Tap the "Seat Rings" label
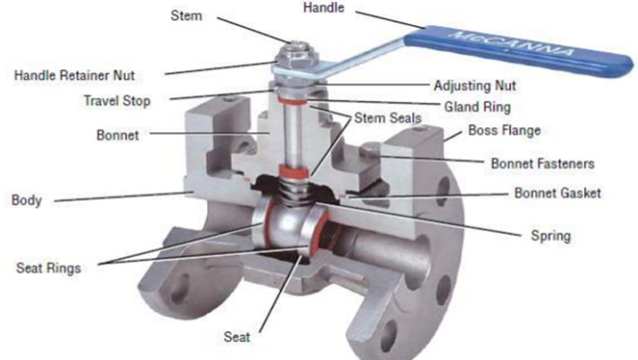pyautogui.click(x=51, y=267)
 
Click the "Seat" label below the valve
pyautogui.click(x=238, y=337)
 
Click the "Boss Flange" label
pyautogui.click(x=504, y=131)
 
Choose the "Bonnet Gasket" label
pyautogui.click(x=557, y=193)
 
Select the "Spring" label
pyautogui.click(x=551, y=236)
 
